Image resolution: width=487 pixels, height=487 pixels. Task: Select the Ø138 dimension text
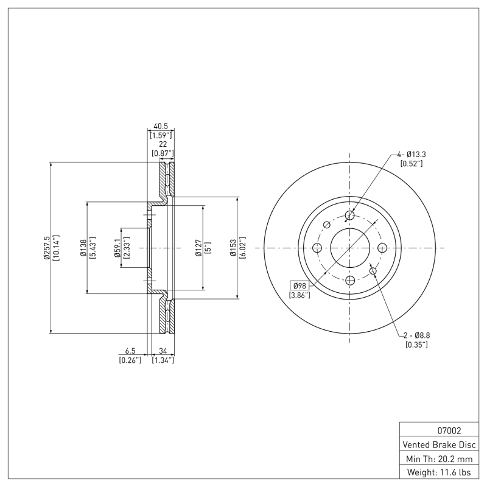point(83,248)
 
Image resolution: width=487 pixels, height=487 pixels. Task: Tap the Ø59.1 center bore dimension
point(117,248)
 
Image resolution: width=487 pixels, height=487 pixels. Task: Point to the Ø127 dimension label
point(199,248)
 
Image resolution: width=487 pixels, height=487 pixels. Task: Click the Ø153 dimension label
point(233,248)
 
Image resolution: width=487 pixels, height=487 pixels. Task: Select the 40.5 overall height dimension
point(161,126)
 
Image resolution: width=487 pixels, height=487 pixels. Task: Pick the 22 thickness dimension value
point(163,144)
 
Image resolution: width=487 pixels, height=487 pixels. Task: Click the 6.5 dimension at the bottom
point(130,351)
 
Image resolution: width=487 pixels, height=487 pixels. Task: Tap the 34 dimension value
point(163,351)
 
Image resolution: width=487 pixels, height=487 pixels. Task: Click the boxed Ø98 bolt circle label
point(300,286)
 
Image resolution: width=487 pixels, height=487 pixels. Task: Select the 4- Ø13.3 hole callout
point(412,154)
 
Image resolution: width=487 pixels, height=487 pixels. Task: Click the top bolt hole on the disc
point(349,215)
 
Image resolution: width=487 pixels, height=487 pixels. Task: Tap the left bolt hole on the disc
point(317,248)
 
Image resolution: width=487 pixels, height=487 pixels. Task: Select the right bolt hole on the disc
point(382,248)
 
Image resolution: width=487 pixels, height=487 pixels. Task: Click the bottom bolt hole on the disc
point(349,281)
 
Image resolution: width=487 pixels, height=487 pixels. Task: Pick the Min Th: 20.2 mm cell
point(438,458)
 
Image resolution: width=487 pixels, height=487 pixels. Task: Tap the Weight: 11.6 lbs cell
point(438,472)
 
